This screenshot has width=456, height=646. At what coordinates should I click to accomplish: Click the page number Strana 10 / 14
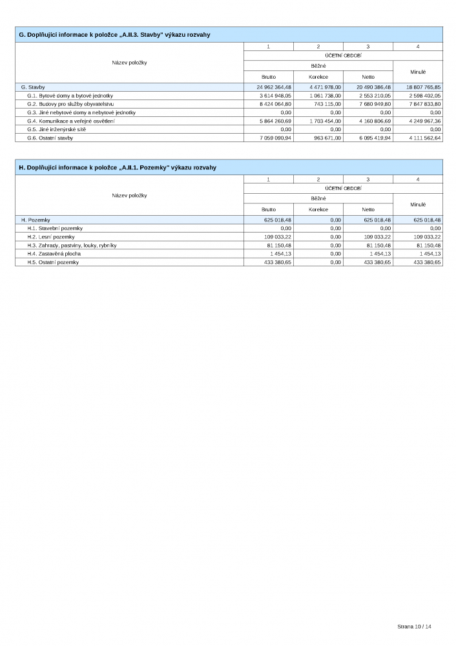click(x=413, y=627)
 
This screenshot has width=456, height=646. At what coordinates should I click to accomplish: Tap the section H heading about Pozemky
click(x=118, y=167)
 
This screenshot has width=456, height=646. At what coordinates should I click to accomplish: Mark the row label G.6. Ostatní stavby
click(x=50, y=138)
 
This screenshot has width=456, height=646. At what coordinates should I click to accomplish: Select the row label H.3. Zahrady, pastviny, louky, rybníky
click(x=72, y=245)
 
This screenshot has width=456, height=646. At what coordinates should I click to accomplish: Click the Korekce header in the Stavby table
click(x=318, y=77)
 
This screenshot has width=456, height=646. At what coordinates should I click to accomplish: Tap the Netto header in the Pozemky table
click(x=368, y=209)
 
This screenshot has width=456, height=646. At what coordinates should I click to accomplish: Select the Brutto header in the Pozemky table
click(x=269, y=209)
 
